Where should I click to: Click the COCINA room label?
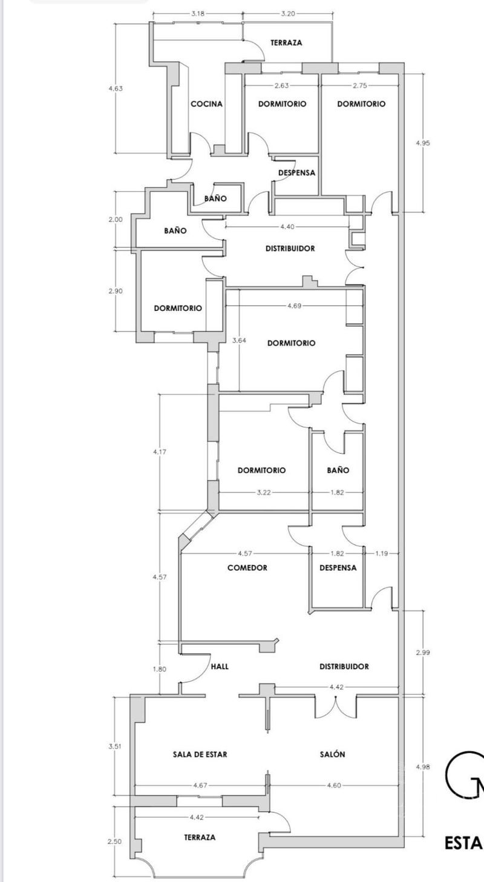pos(206,103)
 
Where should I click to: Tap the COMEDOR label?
pos(247,567)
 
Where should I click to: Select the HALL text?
pos(220,666)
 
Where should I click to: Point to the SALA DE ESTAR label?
pos(200,754)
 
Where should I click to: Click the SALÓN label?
pos(332,754)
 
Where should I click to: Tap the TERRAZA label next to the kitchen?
pos(286,43)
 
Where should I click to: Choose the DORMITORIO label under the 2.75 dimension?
pos(361,103)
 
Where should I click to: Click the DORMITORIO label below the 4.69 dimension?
pos(291,343)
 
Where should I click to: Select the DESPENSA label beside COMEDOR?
pos(338,567)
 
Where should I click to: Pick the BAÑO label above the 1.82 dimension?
pos(338,470)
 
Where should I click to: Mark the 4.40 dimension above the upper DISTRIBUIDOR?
pos(287,227)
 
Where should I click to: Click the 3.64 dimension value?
pos(240,340)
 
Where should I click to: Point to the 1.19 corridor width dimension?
pos(382,553)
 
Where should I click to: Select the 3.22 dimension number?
pos(264,492)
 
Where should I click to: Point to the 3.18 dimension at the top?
pos(197,13)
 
